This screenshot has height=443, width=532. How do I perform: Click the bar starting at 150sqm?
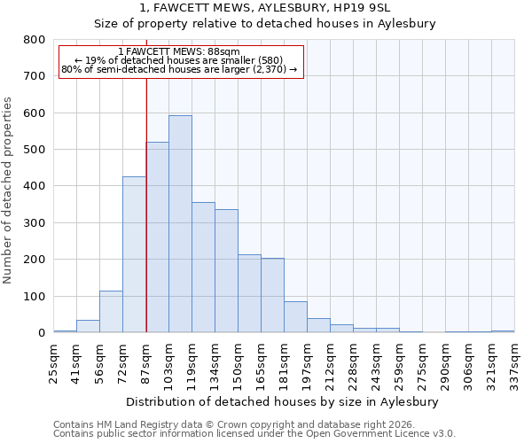(x=249, y=293)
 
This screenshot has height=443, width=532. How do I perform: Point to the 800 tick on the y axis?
(x=35, y=40)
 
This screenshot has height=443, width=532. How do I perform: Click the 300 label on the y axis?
(x=35, y=223)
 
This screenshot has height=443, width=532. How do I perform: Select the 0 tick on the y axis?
(x=41, y=333)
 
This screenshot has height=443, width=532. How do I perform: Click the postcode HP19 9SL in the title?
(x=380, y=9)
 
